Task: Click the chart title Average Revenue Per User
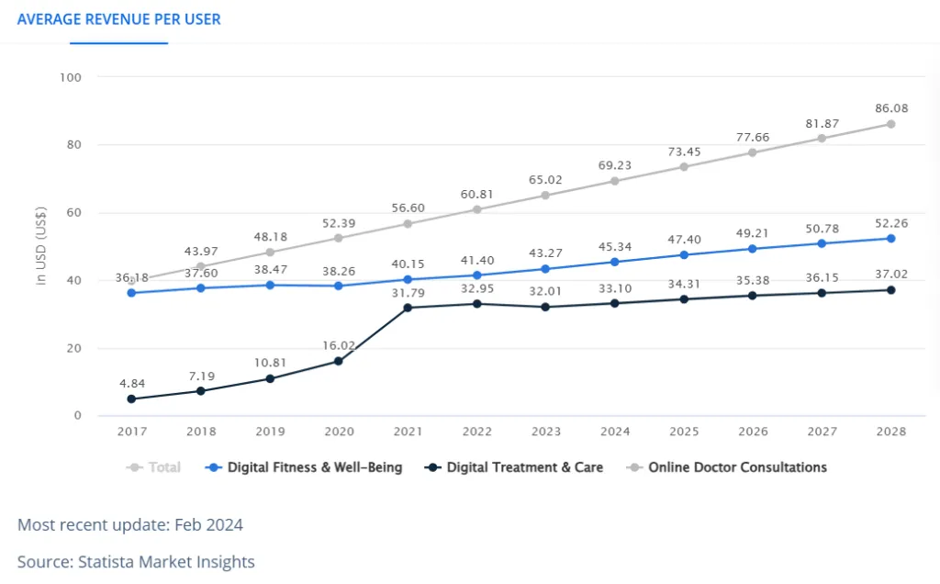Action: point(119,19)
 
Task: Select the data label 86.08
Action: point(890,107)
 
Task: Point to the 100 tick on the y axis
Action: point(71,77)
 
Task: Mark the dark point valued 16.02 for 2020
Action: point(339,361)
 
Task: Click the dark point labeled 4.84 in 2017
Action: point(131,399)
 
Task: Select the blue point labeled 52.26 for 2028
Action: point(890,239)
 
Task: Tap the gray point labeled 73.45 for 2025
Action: point(684,166)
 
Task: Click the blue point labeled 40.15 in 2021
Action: point(408,279)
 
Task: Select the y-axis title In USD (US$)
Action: point(41,245)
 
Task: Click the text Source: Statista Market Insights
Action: point(136,561)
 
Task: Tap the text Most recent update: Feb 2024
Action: point(130,525)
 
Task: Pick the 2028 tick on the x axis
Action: point(890,432)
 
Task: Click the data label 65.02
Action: point(546,179)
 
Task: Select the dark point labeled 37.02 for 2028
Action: point(890,290)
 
